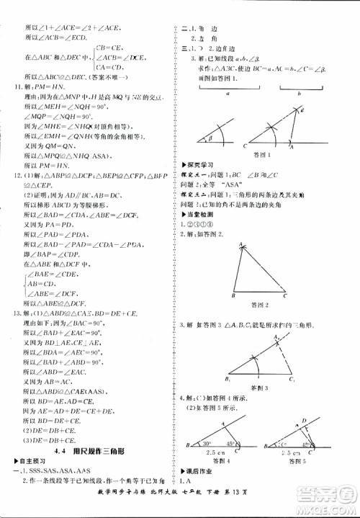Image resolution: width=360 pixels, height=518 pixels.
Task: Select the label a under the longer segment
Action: [x=227, y=95]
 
